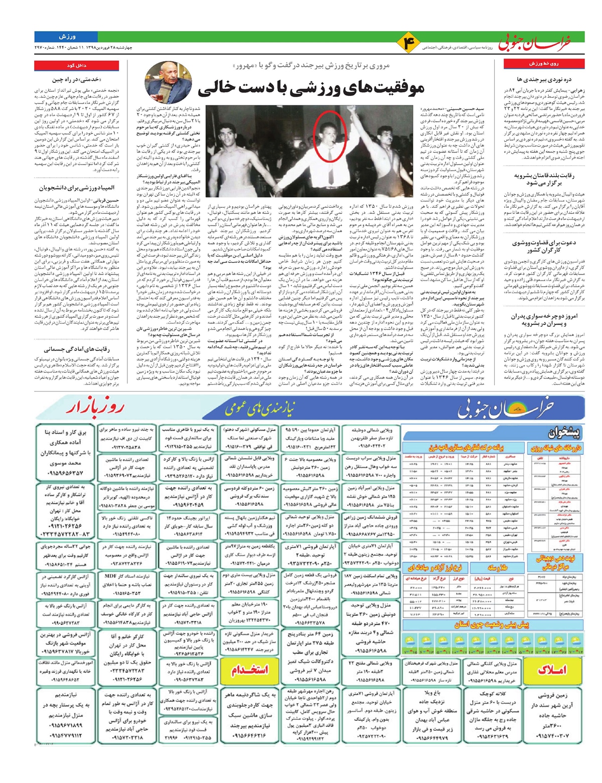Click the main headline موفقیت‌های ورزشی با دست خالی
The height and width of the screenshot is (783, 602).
311,89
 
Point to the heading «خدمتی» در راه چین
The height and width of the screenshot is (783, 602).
80,79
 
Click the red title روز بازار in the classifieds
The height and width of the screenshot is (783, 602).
94,407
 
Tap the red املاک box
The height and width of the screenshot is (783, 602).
553,670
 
